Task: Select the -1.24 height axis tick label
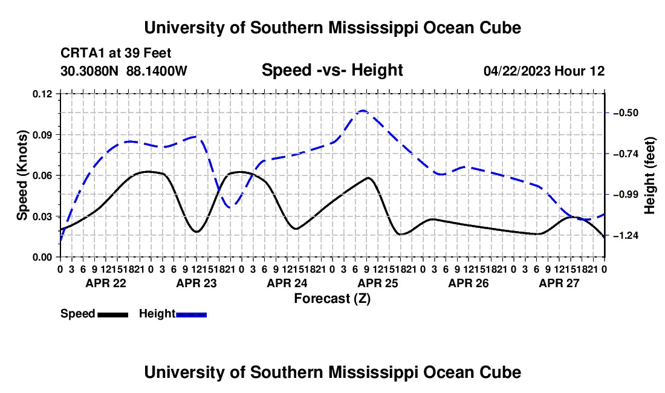(626, 235)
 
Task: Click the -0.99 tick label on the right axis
(626, 195)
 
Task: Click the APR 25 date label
(378, 283)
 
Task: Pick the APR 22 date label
(106, 283)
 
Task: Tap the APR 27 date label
(559, 283)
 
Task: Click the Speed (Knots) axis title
(22, 175)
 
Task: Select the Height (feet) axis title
(649, 175)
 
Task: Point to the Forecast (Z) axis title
(332, 299)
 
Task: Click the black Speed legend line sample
(113, 314)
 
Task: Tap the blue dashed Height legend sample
(191, 314)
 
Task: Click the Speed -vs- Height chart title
(332, 70)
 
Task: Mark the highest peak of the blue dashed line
(363, 111)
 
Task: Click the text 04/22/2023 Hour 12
(544, 71)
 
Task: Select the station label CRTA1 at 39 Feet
(116, 53)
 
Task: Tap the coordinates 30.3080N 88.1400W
(124, 71)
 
